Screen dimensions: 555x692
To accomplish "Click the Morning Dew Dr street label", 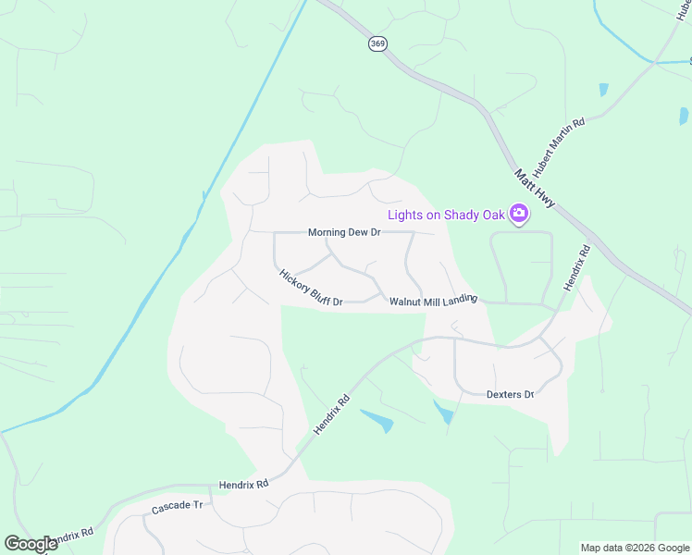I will coord(344,233).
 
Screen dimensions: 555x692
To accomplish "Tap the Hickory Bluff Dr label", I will coord(311,288).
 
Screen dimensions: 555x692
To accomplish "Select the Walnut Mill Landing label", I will coord(433,301).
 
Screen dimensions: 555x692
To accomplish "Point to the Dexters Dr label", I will coord(511,395).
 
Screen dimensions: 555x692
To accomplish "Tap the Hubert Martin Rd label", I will coord(561,147).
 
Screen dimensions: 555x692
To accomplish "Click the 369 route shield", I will coord(377,44).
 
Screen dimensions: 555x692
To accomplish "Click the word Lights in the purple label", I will coord(405,215).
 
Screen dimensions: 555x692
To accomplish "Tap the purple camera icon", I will coord(519,215).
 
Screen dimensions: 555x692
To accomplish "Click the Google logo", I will coord(30,544).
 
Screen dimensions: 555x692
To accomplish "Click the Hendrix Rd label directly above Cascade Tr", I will coord(243,484).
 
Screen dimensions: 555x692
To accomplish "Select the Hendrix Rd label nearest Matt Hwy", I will coord(575,268).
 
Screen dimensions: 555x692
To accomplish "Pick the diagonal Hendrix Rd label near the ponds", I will coord(331,415).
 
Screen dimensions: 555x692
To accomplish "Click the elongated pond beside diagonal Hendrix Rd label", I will coord(377,420).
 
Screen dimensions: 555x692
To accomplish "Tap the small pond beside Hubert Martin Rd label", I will coord(604,90).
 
